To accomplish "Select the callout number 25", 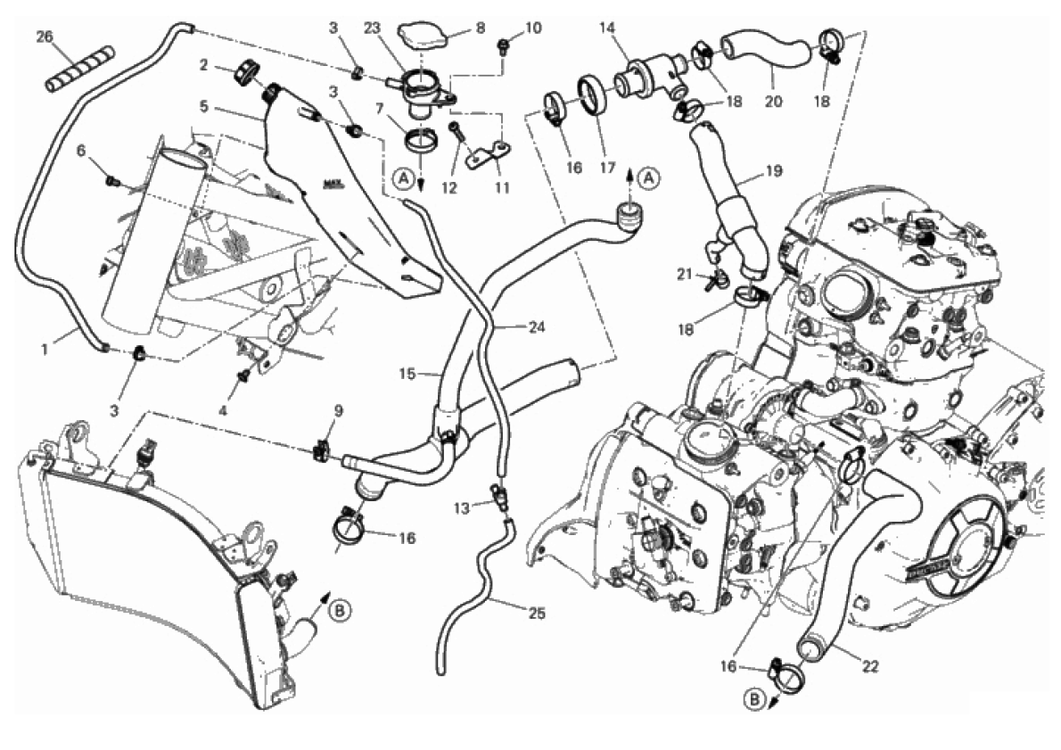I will click(536, 614).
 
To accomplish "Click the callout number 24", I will click(535, 327).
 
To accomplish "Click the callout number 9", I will click(338, 411).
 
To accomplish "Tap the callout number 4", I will click(223, 411).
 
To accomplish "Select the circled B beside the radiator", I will click(340, 611).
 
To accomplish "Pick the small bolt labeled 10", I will click(504, 42).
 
